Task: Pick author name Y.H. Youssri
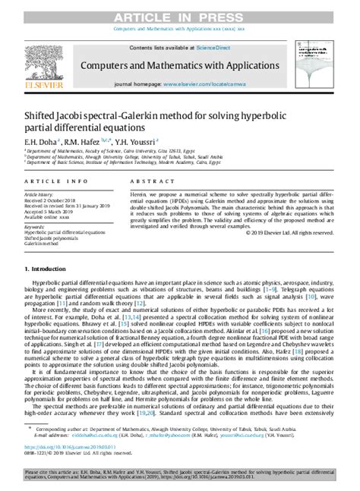[141, 140]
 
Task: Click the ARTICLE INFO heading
[50, 182]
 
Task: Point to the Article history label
[39, 194]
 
